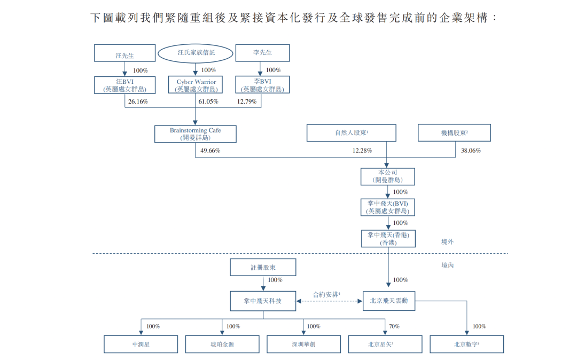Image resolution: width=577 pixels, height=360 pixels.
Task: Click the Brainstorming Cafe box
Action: pos(195,134)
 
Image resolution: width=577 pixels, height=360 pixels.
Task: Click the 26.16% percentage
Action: pos(138,101)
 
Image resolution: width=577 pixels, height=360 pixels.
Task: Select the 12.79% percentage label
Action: pos(247,101)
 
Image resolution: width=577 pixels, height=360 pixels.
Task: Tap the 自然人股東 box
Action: pos(351,133)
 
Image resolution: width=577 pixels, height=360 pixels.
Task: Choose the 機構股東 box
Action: pos(454,133)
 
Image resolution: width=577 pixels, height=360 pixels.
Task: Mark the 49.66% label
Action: pos(210,151)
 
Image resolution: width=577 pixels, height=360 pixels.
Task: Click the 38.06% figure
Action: pos(471,151)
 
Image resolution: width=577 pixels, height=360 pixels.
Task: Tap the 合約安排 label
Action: pos(326,294)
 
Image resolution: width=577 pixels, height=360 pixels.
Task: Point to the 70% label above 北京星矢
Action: pos(394,326)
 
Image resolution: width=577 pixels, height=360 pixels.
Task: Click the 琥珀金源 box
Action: pos(222,345)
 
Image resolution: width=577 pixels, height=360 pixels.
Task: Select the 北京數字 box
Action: pos(466,345)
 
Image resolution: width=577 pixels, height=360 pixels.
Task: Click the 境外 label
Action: pos(447,241)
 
